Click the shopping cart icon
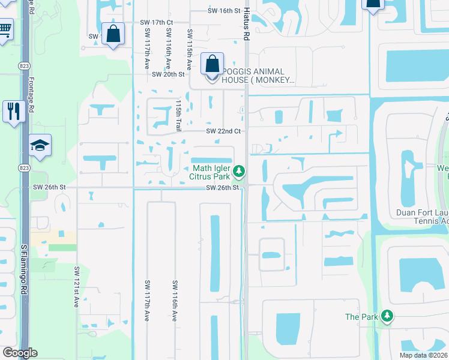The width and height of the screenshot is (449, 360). pos(5,28)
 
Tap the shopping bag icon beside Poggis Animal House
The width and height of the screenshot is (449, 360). pos(212,63)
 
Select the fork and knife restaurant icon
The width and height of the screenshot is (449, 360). pos(13,110)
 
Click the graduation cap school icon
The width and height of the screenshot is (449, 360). pos(40,145)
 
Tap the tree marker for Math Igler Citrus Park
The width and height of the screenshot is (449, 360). pos(239,172)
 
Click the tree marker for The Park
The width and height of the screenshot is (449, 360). pos(387,316)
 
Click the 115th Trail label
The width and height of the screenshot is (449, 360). pos(178,116)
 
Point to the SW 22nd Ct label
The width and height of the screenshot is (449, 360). pos(223,131)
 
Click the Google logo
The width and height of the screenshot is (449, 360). pos(20,353)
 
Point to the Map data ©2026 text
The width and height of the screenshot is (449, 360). pos(424,355)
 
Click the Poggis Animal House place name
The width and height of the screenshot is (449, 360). pos(258,75)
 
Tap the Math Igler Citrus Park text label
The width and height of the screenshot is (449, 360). pos(211,172)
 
